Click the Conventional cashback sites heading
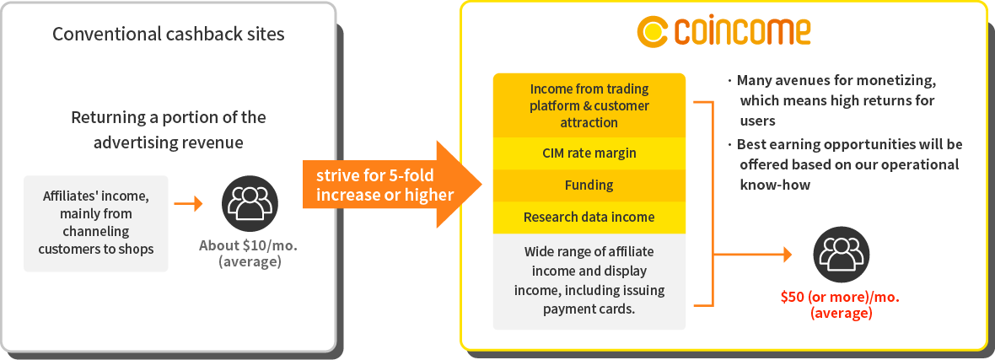pyautogui.click(x=168, y=34)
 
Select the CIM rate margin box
pyautogui.click(x=589, y=153)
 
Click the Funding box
pyautogui.click(x=589, y=185)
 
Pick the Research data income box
pyautogui.click(x=589, y=218)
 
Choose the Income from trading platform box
pyautogui.click(x=589, y=105)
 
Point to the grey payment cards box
pyautogui.click(x=589, y=282)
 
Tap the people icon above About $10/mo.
pyautogui.click(x=250, y=203)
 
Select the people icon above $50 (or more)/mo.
pyautogui.click(x=842, y=255)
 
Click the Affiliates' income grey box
pyautogui.click(x=96, y=223)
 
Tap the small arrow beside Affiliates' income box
pyautogui.click(x=189, y=204)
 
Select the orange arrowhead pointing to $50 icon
pyautogui.click(x=788, y=255)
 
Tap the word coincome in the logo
pyautogui.click(x=743, y=32)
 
